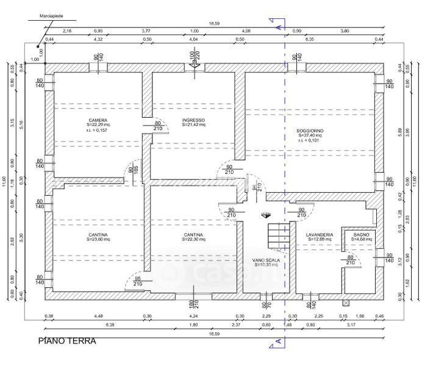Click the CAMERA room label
(x=98, y=121)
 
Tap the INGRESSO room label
(x=193, y=121)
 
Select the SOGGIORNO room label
(x=310, y=131)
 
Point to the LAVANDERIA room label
(x=319, y=234)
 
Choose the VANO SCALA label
(x=266, y=260)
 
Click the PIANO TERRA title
(x=67, y=341)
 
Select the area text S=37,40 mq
(x=310, y=136)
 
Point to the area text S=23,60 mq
(x=98, y=240)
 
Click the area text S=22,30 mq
(x=193, y=240)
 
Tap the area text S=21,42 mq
(x=193, y=126)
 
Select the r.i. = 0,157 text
(x=98, y=131)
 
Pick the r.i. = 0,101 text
(x=310, y=141)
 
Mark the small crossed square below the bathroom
(x=347, y=302)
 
